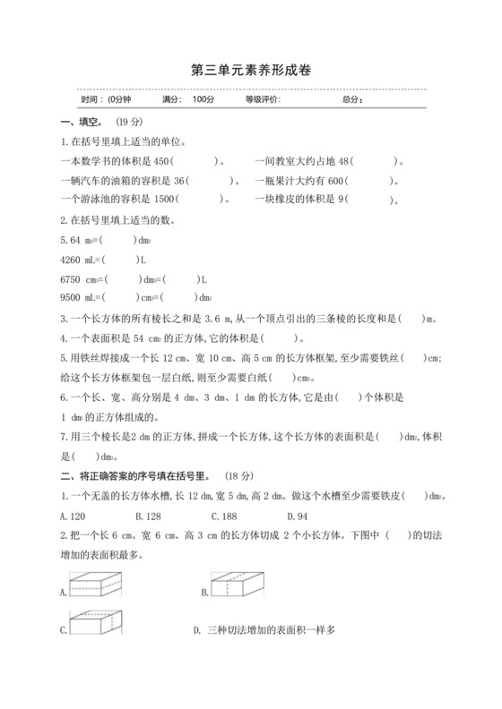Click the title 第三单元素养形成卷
pyautogui.click(x=251, y=69)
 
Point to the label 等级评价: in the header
pyautogui.click(x=263, y=99)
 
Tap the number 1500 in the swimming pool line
pyautogui.click(x=162, y=200)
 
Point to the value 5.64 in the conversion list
pyautogui.click(x=70, y=240)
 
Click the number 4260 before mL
pyautogui.click(x=71, y=260)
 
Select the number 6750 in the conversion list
pyautogui.click(x=71, y=279)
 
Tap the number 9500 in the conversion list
pyautogui.click(x=71, y=298)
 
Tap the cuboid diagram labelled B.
pyautogui.click(x=238, y=587)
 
